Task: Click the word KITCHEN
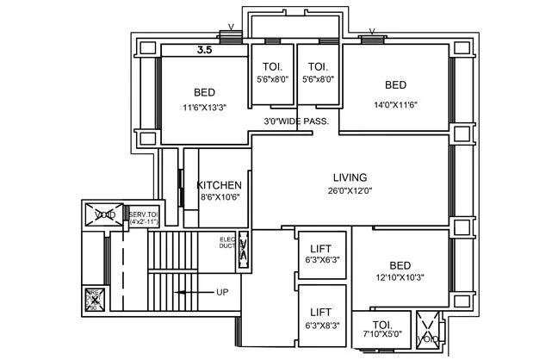tap(220, 185)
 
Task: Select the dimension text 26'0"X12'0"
tap(349, 190)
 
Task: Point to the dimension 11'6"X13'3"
tap(204, 108)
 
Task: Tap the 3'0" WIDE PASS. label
tap(296, 122)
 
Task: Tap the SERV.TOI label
tap(144, 214)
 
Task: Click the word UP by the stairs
tap(222, 293)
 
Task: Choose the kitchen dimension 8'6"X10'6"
tap(220, 197)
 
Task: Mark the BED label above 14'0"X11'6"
tap(395, 84)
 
